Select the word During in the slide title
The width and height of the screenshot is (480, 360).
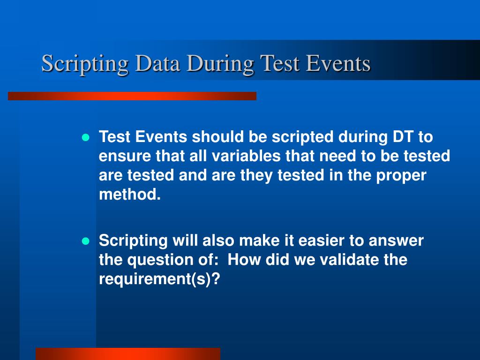pos(220,64)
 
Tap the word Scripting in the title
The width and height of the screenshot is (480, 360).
pos(85,64)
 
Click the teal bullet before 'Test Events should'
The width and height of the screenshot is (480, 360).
pos(86,137)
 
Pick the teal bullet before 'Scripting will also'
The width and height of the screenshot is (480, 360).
pos(86,241)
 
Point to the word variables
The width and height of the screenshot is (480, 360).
pos(246,156)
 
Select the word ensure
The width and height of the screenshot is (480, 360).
pos(125,157)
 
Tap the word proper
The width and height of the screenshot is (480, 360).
pos(401,176)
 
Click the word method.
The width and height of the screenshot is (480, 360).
pos(130,195)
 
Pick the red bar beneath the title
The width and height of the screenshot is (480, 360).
pos(132,96)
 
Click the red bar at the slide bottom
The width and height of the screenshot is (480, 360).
pos(128,354)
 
